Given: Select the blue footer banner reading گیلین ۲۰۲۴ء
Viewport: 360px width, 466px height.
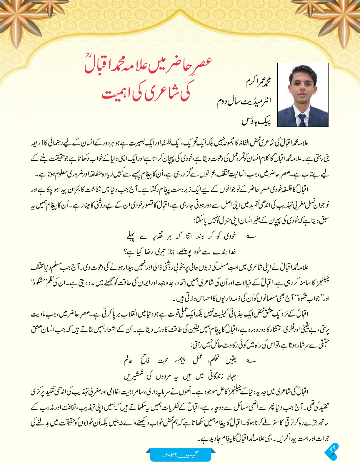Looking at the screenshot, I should pos(181,455).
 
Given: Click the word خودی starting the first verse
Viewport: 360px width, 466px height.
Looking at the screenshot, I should pos(229,236).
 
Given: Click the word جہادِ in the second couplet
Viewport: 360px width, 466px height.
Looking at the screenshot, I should pos(231,376).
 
